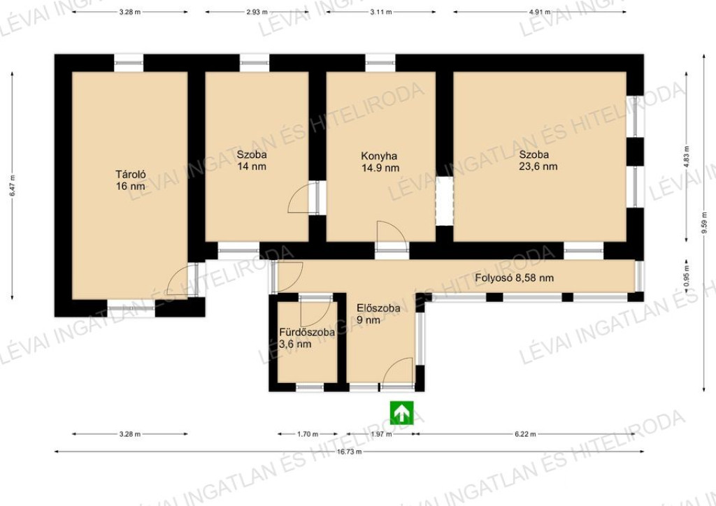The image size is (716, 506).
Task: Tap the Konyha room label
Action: (379, 156)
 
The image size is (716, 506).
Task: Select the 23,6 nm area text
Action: (538, 166)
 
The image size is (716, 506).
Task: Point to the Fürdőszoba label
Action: (307, 332)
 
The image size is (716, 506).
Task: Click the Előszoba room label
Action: (378, 308)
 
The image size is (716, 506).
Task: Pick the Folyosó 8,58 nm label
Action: (514, 277)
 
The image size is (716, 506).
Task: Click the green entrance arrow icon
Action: (401, 412)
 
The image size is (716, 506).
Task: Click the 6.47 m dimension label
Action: (13, 186)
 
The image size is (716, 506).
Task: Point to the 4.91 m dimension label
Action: (539, 13)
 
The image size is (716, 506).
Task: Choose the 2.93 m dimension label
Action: (257, 13)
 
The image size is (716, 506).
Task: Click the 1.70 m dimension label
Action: (308, 434)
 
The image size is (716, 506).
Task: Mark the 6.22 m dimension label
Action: (525, 434)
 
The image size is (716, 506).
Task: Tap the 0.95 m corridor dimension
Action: (687, 276)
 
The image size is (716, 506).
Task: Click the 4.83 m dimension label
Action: (687, 157)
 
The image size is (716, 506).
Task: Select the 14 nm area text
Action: (252, 166)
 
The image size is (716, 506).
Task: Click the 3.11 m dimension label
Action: (381, 13)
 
